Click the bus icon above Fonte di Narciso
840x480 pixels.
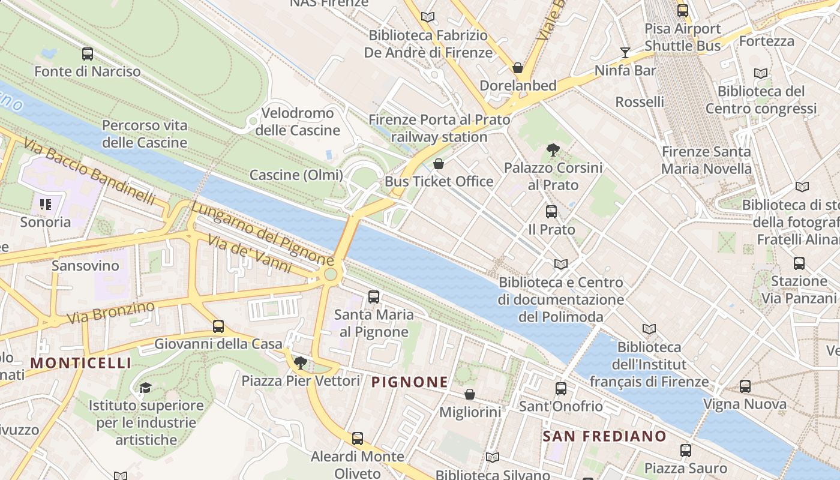tap(88, 54)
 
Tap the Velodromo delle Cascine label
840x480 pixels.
tap(298, 122)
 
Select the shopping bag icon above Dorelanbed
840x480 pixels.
tap(517, 68)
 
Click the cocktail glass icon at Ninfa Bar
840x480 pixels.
tap(625, 53)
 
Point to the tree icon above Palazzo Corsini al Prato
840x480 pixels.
tap(553, 150)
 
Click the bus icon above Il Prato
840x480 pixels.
tap(551, 212)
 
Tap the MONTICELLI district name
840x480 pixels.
tap(80, 363)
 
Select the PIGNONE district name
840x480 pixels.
tap(410, 382)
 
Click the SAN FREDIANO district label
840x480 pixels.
tap(604, 436)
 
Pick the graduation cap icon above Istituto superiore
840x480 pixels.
tap(145, 388)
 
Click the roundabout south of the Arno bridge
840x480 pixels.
tap(331, 275)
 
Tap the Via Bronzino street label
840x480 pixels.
tap(111, 312)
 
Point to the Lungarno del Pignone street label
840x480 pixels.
tap(262, 234)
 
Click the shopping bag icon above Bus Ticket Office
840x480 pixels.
tap(439, 164)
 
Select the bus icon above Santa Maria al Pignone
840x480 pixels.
tap(374, 296)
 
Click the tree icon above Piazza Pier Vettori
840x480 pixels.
tap(301, 362)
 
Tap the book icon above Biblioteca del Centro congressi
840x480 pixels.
tap(760, 73)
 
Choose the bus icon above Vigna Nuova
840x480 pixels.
tap(745, 386)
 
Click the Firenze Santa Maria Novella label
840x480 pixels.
tap(706, 160)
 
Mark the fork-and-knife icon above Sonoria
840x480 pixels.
tap(46, 205)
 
